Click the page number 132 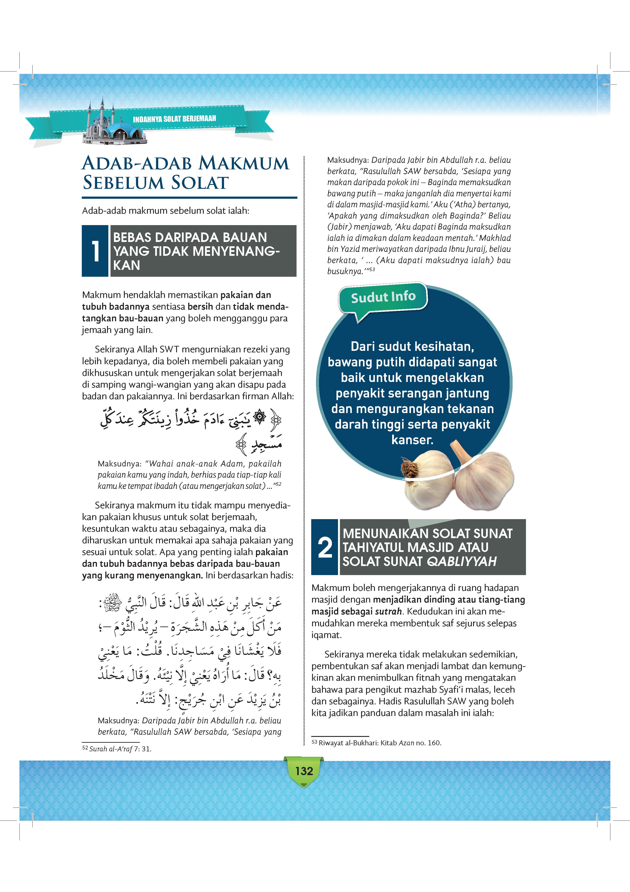(x=304, y=771)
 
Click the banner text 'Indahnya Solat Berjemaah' (x=174, y=118)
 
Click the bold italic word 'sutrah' (x=388, y=611)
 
